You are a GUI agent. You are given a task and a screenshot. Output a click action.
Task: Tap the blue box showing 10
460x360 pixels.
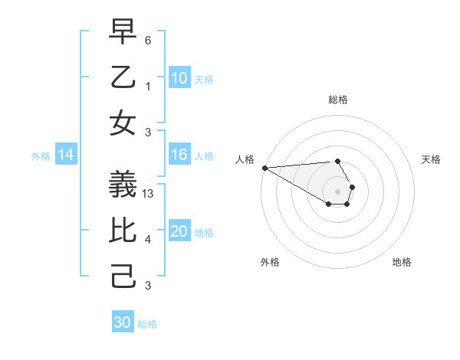coord(179,78)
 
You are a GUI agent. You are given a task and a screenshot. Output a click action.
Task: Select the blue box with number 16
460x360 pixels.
coord(179,155)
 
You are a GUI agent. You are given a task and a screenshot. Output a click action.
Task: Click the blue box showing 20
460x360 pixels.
coord(179,232)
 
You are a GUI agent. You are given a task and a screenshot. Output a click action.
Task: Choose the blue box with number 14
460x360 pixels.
coord(66,155)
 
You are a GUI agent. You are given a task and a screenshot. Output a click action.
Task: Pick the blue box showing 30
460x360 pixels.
coord(123,323)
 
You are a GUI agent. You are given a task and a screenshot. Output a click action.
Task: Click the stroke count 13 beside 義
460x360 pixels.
coord(149,194)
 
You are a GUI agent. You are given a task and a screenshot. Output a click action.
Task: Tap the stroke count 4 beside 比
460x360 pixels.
coord(148,240)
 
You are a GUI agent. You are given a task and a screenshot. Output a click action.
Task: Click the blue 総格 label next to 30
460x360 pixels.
coord(147,324)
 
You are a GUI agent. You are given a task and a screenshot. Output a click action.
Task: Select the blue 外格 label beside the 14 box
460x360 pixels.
coord(41,156)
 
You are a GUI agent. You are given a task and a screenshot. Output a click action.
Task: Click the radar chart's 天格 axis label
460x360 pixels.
coord(432,159)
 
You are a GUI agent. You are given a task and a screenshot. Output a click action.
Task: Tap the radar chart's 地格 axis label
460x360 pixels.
coord(402,262)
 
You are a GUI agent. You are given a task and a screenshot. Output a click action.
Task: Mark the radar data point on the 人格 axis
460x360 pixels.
coord(264,168)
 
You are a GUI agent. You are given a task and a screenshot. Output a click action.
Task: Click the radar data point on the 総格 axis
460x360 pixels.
coord(337,161)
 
